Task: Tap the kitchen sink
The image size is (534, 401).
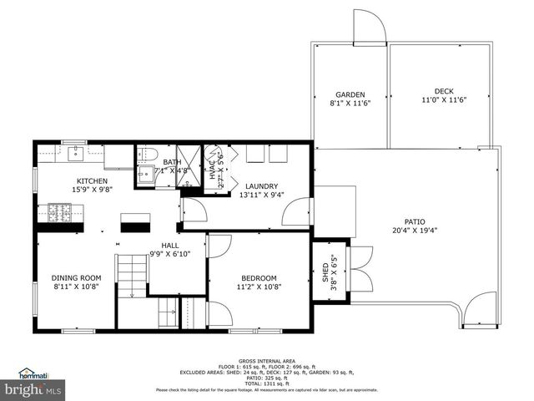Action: pos(76,153)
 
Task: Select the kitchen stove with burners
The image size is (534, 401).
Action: pos(59,213)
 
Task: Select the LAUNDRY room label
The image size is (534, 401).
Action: pos(261,186)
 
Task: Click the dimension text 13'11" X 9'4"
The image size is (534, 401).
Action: pos(261,195)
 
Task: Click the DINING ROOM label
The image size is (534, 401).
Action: pos(76,278)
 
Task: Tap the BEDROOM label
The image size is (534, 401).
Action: pos(259,278)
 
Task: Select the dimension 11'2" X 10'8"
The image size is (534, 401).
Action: pos(259,287)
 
